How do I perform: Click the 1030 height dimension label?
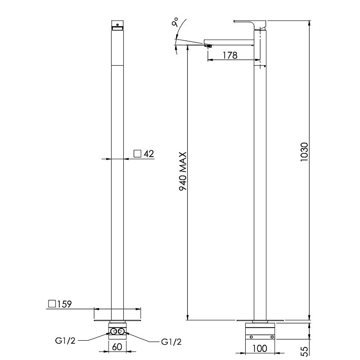[304, 152]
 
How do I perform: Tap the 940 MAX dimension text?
[183, 171]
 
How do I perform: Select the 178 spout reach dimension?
[230, 55]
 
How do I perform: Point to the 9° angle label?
[175, 22]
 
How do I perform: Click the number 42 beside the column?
[148, 153]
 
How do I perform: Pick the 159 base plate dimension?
[64, 304]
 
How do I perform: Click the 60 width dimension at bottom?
[117, 346]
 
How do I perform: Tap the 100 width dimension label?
[260, 348]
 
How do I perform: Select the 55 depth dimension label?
[304, 351]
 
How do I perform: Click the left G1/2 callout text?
[65, 341]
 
